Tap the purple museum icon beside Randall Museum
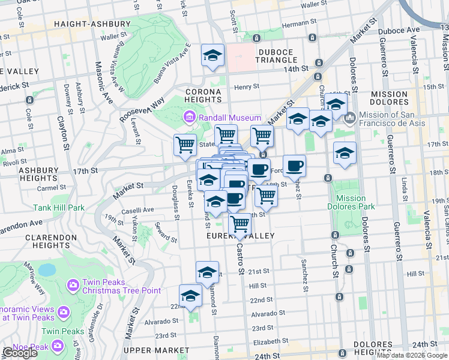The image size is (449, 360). pos(190,115)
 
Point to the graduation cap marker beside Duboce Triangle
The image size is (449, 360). pos(212,56)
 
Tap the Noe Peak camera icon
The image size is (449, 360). pos(58,345)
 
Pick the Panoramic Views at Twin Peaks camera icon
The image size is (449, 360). pos(64,311)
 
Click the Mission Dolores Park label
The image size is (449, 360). pos(351,202)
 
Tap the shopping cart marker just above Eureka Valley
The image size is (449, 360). pos(240,224)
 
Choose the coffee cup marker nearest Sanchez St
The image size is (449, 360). pos(294,166)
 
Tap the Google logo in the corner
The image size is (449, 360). pos(19,353)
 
